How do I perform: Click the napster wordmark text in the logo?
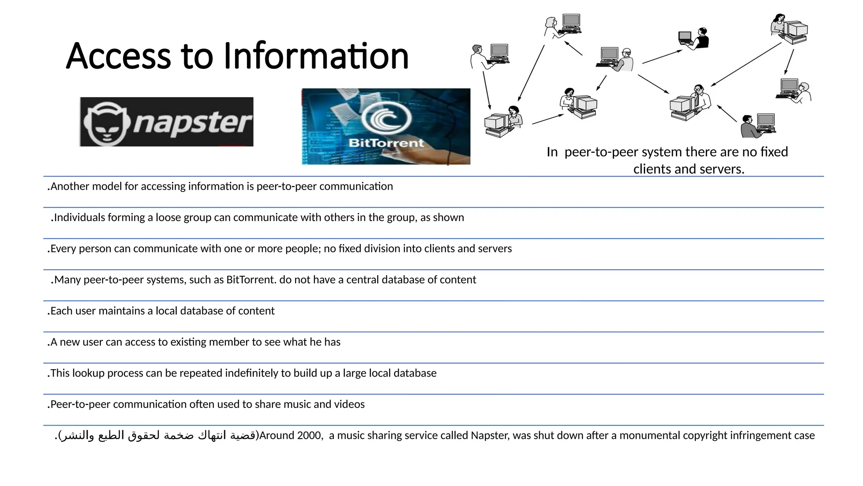point(192,122)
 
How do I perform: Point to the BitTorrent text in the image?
point(386,143)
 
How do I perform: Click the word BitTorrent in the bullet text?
point(250,280)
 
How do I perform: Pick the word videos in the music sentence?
point(349,404)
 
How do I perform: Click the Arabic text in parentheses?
point(158,435)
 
